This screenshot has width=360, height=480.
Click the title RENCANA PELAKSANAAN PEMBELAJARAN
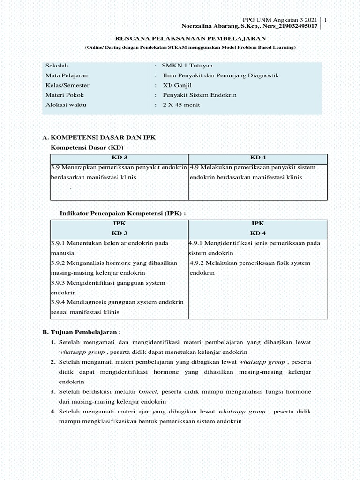[190, 38]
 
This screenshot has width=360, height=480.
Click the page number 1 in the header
[326, 20]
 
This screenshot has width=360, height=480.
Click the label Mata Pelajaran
[66, 75]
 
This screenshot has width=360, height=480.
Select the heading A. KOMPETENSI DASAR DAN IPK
[98, 138]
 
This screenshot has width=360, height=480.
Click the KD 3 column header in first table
[119, 157]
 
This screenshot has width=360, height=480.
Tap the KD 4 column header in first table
[258, 157]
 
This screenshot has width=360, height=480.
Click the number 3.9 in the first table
[55, 167]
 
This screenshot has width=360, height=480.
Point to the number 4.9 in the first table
[195, 167]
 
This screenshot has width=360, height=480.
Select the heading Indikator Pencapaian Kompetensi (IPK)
[123, 213]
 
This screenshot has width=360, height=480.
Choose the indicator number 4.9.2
[198, 263]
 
